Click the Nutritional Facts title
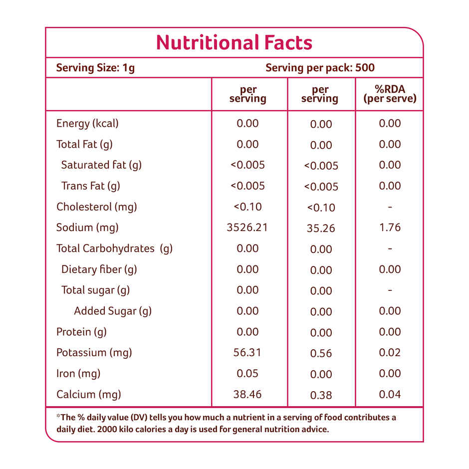[234, 43]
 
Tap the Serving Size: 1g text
[95, 68]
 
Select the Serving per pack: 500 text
[320, 68]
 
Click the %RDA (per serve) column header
[390, 94]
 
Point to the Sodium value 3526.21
[247, 228]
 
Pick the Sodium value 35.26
[321, 229]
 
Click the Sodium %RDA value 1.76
[390, 228]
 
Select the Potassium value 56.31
[247, 353]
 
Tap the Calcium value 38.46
[247, 394]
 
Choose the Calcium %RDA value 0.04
[390, 394]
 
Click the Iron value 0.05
[247, 373]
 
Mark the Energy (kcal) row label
[87, 124]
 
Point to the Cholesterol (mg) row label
[96, 207]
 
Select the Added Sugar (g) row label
[113, 311]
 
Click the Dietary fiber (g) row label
[99, 269]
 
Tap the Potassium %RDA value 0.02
[390, 353]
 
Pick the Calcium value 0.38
[321, 395]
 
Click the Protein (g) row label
[81, 332]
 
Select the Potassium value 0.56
[321, 354]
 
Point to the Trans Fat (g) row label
[91, 186]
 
